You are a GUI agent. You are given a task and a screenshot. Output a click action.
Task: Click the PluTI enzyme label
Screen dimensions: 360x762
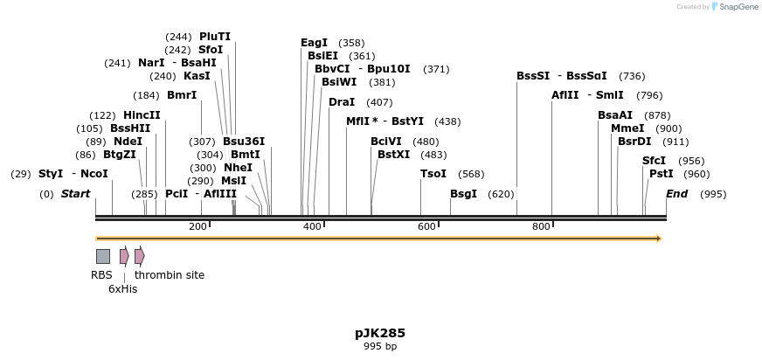(215, 37)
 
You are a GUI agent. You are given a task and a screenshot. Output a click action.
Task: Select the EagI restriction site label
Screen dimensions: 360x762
(314, 43)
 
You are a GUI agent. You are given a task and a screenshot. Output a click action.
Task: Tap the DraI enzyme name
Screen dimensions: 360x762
(342, 102)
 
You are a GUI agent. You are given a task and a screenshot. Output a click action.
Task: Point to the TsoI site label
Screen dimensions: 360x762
(433, 174)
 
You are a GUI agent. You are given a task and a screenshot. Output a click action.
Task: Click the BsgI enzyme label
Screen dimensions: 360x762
(463, 194)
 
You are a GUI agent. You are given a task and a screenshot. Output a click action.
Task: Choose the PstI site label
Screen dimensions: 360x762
(661, 174)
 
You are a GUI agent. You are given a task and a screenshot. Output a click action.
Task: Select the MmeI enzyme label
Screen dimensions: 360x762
(627, 128)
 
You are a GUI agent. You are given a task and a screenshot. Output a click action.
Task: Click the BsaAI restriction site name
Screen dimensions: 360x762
(615, 115)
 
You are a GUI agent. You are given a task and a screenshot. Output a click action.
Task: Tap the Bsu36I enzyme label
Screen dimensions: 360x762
(244, 142)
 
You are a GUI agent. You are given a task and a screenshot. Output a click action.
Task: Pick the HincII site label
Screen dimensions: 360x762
(142, 115)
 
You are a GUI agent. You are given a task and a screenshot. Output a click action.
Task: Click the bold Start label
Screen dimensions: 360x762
(75, 194)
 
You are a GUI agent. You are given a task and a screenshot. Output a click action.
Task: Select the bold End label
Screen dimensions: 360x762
(676, 194)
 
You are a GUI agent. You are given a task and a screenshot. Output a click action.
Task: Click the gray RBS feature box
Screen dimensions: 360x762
(103, 256)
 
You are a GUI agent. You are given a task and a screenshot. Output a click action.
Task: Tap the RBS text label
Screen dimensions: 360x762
(101, 275)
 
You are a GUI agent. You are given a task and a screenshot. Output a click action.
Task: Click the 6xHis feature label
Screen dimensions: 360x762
(122, 289)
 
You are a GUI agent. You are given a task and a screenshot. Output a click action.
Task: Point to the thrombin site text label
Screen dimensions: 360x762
(170, 275)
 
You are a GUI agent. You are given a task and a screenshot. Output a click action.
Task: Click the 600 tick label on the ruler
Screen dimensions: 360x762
(426, 227)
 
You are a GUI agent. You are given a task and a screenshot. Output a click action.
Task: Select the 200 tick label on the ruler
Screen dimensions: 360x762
(197, 227)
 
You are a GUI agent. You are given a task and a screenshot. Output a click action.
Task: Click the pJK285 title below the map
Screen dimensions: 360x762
(380, 333)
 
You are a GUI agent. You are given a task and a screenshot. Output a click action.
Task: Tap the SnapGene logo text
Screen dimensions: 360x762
(738, 7)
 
